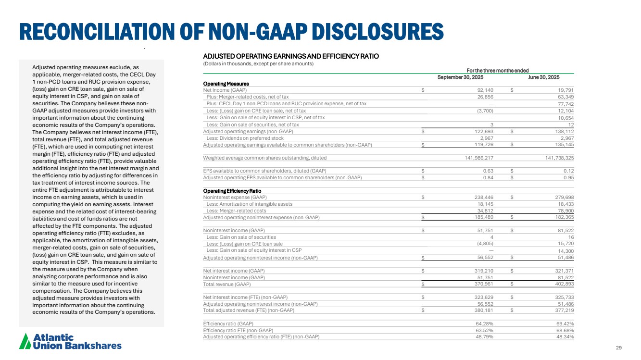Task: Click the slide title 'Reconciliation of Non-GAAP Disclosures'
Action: (x=231, y=31)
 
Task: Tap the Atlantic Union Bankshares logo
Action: (x=70, y=341)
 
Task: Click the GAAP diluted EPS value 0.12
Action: (x=569, y=171)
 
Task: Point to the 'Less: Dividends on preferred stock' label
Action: (x=245, y=138)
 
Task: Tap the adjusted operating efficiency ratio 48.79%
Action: (x=483, y=336)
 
